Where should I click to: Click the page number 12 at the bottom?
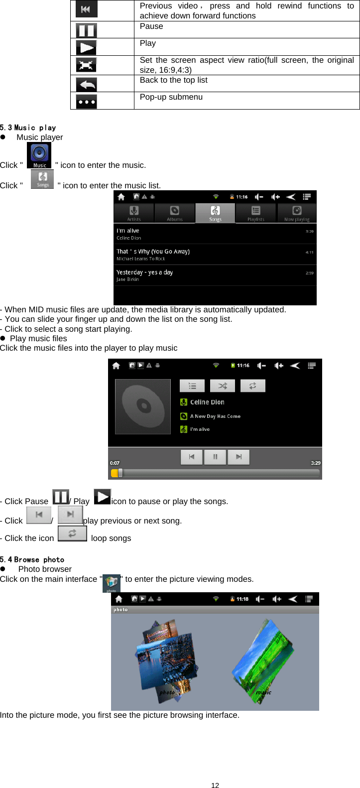[x=215, y=785]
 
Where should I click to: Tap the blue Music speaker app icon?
[x=39, y=155]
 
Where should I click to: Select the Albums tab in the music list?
[x=175, y=213]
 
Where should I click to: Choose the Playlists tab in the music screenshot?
[x=255, y=213]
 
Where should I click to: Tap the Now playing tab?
[x=297, y=213]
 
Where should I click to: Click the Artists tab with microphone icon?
[x=134, y=213]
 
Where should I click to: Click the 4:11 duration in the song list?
[x=309, y=252]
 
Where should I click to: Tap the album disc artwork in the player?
[x=143, y=406]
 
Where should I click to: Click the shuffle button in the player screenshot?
[x=223, y=386]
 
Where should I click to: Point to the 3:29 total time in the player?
[x=316, y=463]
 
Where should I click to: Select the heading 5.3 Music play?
[x=28, y=128]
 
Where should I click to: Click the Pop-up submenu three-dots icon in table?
[x=87, y=102]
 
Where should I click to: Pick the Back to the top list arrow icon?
[x=87, y=84]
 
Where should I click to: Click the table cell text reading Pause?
[x=151, y=26]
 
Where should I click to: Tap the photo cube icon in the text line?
[x=112, y=583]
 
